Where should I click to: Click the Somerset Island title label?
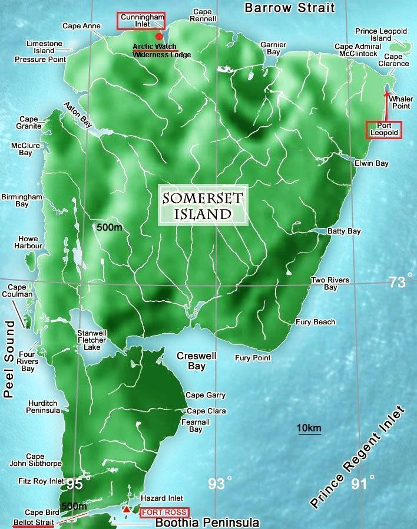(x=204, y=206)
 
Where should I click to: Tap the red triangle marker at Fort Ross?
(x=126, y=508)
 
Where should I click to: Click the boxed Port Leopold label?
(x=384, y=130)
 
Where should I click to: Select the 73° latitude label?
(x=397, y=282)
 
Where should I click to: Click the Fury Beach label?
(x=316, y=322)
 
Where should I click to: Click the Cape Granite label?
(x=30, y=123)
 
